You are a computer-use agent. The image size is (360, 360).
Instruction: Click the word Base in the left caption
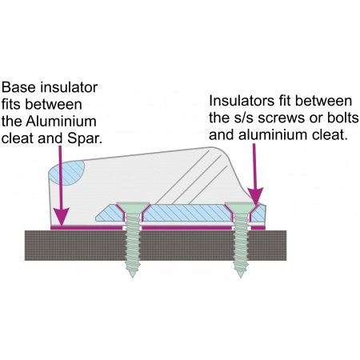18,87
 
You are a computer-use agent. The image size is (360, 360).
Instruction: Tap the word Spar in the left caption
85,138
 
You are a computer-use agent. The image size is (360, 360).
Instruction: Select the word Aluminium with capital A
61,122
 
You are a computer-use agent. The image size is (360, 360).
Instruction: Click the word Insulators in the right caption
242,101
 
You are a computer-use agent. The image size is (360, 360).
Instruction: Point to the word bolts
343,118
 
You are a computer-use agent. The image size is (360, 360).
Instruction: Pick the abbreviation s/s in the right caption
240,118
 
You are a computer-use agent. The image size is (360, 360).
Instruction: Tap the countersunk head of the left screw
133,207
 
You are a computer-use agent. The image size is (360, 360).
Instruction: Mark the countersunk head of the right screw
241,207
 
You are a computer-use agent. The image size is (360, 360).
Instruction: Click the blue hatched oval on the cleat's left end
67,173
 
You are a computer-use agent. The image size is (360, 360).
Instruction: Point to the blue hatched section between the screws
186,213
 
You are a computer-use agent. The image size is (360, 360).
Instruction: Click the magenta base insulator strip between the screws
186,228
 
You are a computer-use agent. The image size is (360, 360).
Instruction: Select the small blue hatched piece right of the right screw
258,213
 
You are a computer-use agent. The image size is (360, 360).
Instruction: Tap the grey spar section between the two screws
186,246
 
